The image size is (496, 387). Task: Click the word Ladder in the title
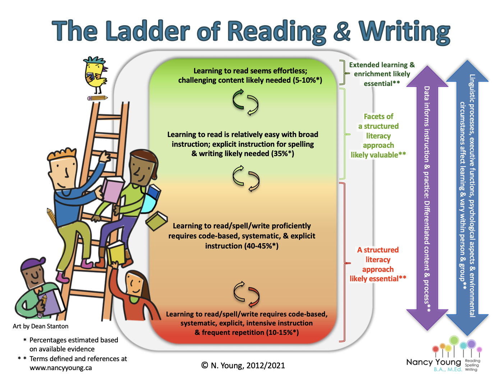click(x=148, y=31)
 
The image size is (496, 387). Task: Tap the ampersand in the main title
click(x=342, y=31)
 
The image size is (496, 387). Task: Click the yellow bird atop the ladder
click(x=96, y=75)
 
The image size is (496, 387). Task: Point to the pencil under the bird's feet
click(x=97, y=98)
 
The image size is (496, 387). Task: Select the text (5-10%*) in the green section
click(x=307, y=80)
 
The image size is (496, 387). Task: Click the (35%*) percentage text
click(x=283, y=154)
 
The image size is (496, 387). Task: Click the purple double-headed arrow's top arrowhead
click(x=427, y=77)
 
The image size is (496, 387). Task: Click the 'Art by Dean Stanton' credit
click(x=40, y=326)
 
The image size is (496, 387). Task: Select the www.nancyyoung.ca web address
click(x=61, y=368)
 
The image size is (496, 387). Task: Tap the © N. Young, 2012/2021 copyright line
click(x=243, y=365)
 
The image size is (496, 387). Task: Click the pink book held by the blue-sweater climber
click(x=112, y=190)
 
